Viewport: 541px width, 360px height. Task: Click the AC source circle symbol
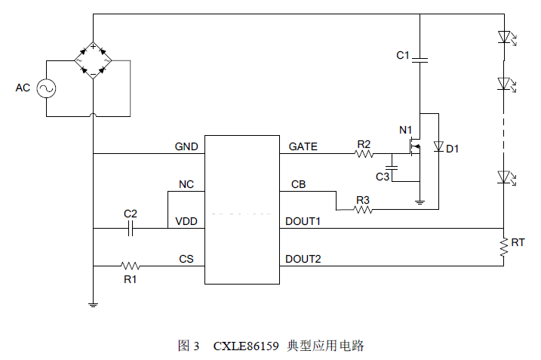point(45,88)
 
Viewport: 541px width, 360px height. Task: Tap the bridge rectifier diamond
point(93,60)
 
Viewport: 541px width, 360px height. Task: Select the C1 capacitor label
point(403,55)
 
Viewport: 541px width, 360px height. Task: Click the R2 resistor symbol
point(364,154)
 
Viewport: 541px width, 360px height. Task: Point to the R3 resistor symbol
point(364,210)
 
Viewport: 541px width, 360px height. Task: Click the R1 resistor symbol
point(131,266)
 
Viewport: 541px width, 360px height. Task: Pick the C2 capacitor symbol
point(131,228)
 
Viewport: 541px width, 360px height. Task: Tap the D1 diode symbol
point(438,147)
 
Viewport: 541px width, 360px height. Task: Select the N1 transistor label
point(406,129)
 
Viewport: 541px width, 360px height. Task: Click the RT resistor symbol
point(503,246)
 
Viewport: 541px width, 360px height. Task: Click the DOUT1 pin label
point(303,221)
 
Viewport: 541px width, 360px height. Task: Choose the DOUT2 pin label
point(303,259)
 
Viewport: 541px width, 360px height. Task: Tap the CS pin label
point(186,259)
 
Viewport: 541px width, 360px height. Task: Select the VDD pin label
point(186,221)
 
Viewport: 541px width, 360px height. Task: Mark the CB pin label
point(298,184)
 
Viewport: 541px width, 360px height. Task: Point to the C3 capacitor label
point(383,177)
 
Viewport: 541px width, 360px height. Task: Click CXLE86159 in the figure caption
point(244,346)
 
